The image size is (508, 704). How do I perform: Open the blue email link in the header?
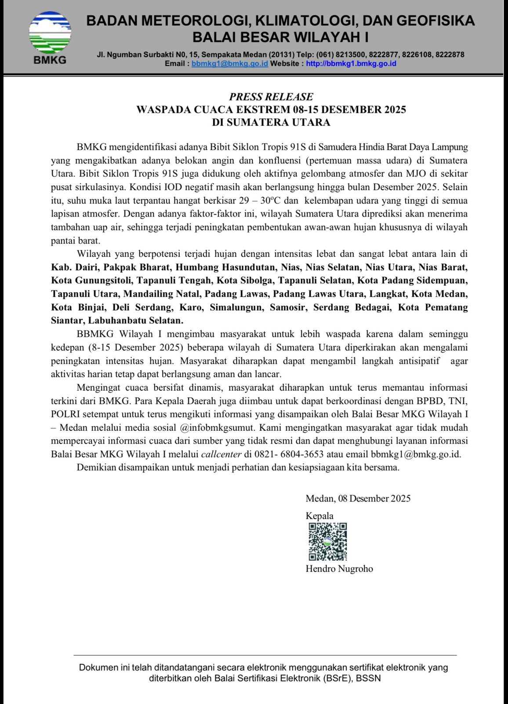(x=230, y=63)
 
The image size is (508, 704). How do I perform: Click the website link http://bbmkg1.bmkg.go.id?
(x=351, y=63)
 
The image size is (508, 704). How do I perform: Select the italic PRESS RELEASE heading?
(x=271, y=97)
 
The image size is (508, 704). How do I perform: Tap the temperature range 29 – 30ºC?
(x=256, y=201)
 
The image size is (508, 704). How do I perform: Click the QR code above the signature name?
(x=328, y=542)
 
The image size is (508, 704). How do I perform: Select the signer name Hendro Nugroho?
(x=339, y=568)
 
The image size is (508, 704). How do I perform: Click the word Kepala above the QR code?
(x=319, y=516)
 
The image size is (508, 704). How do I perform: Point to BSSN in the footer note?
(x=368, y=678)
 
